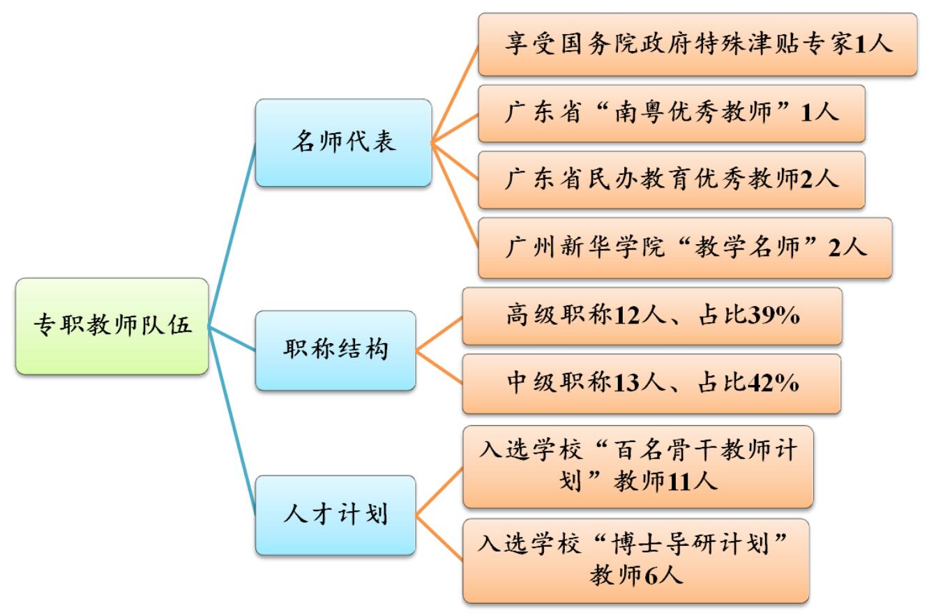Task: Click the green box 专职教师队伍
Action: [x=112, y=326]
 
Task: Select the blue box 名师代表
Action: [x=342, y=142]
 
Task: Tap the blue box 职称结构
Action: [x=335, y=350]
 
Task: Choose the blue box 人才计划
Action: [x=335, y=515]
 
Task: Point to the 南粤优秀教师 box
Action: [x=671, y=113]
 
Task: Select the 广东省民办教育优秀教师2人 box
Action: [x=671, y=179]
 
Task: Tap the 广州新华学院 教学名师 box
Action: [x=684, y=248]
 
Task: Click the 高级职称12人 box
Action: [x=651, y=317]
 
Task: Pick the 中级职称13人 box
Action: [x=651, y=384]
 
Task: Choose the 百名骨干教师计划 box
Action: [x=637, y=466]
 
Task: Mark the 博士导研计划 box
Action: [x=635, y=561]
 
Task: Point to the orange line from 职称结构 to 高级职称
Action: [x=439, y=333]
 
